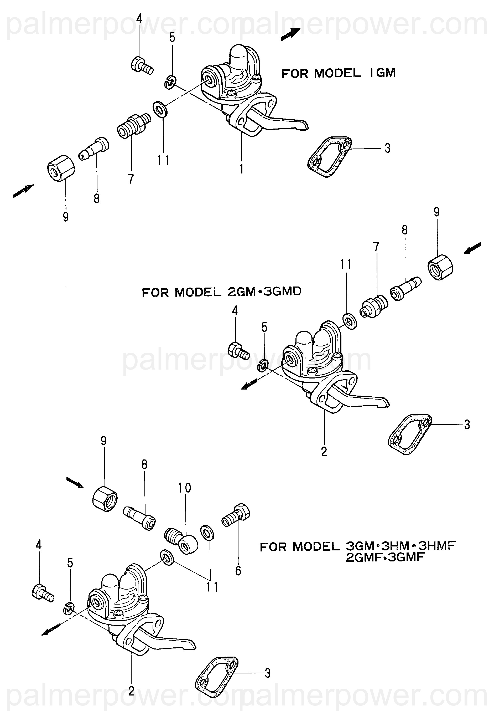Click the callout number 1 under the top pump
(x=241, y=168)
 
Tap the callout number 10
(x=184, y=488)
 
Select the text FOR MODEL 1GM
(x=338, y=73)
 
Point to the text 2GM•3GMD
(x=264, y=292)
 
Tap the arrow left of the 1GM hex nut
(x=23, y=191)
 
